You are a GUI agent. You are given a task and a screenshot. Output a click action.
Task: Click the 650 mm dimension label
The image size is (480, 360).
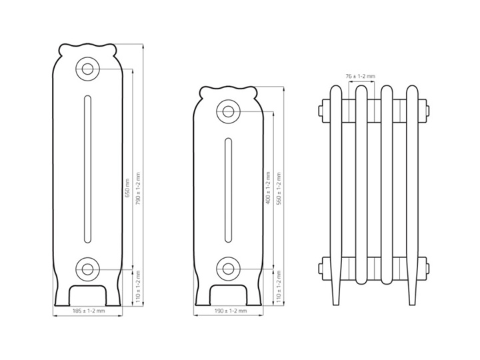[x=127, y=188]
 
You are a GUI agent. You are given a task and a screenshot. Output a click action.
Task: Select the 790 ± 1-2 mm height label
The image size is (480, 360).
[x=138, y=189]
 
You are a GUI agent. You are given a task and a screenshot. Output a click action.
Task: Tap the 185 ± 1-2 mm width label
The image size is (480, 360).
[x=89, y=311]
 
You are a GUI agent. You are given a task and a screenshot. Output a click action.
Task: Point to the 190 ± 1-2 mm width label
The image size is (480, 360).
[x=230, y=311]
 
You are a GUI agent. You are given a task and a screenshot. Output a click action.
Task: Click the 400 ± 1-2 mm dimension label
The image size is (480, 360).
[x=268, y=188]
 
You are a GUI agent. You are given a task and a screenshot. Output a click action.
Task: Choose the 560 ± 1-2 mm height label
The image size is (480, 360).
[x=279, y=189]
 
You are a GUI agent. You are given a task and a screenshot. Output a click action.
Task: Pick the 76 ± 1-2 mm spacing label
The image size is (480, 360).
[x=360, y=76]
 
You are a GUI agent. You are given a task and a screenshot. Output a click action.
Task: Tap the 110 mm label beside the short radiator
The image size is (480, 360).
[x=279, y=287]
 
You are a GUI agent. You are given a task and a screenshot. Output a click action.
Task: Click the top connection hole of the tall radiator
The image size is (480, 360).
[x=87, y=69]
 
